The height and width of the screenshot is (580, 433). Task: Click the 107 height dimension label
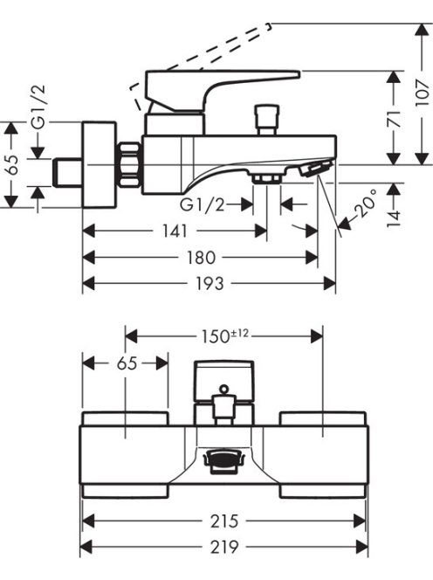pos(423,92)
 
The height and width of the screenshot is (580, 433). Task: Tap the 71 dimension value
pos(395,119)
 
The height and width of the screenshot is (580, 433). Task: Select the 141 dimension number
pos(175,231)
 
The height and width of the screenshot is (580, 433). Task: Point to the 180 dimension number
pos(201,258)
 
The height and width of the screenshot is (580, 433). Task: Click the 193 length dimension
pos(210,283)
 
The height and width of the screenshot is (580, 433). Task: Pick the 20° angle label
pos(365,203)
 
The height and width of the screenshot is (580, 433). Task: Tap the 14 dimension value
pos(395,219)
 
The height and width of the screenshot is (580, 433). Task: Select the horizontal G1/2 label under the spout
pos(203,204)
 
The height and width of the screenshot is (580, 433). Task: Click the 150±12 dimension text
pos(224,336)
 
